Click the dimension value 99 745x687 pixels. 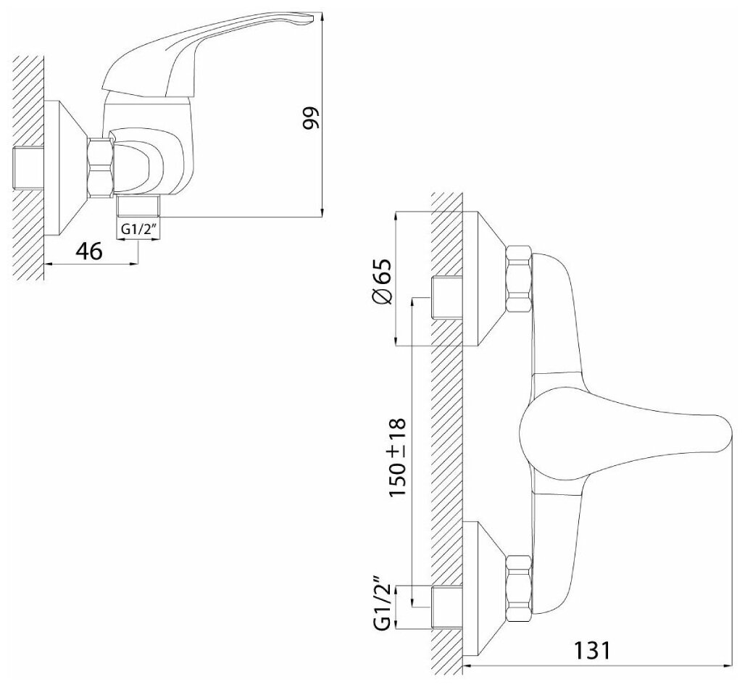tap(311, 116)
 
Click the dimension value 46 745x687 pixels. tap(88, 251)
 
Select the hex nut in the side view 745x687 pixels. tap(99, 165)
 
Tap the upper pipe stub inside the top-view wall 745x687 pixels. tap(446, 298)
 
